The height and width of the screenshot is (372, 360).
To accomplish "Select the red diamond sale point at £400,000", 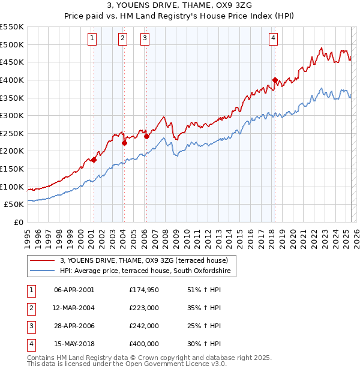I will tap(275, 80).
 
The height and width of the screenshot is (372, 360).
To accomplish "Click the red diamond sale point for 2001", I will tap(94, 160).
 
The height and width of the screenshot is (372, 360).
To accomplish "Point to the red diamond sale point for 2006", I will tap(146, 136).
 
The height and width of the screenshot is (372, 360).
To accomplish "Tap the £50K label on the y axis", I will tap(14, 205).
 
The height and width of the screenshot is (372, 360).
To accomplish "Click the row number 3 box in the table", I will tap(31, 326).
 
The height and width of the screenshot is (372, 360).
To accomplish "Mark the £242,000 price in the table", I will tap(144, 326).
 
